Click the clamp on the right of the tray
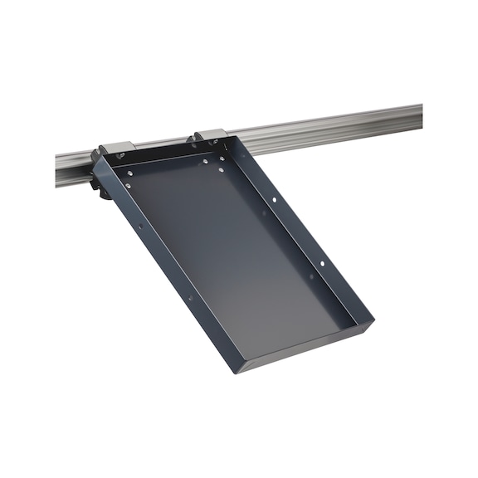click(x=210, y=135)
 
